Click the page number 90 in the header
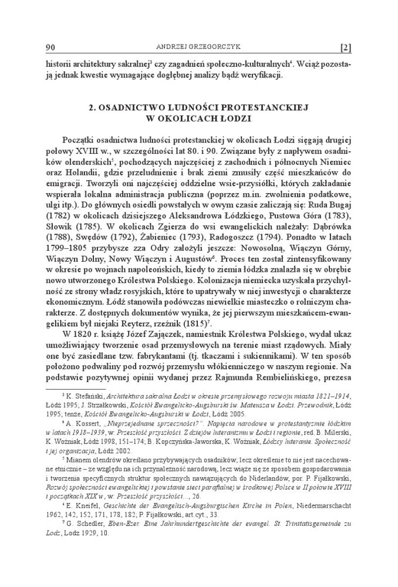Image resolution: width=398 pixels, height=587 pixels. [x=50, y=47]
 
